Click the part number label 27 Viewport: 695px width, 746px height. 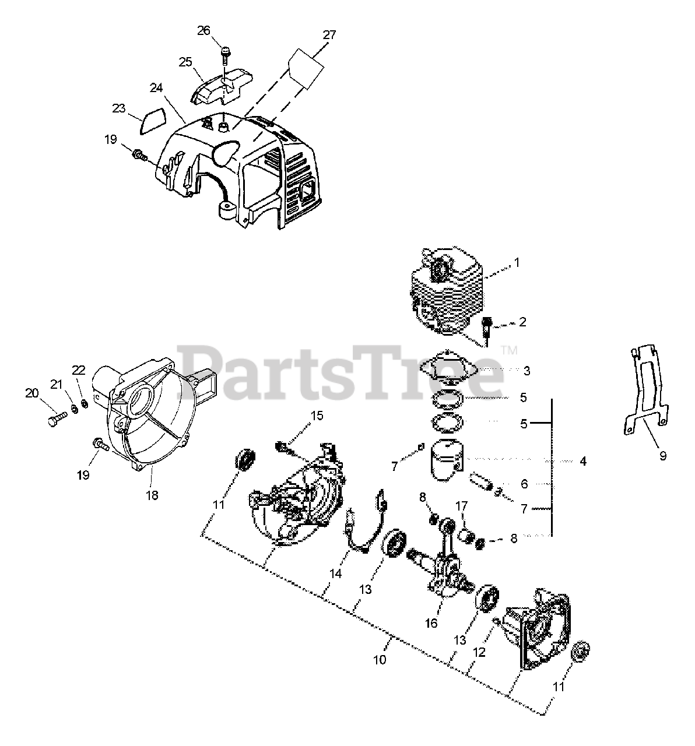(329, 35)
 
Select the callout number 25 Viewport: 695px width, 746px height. (186, 62)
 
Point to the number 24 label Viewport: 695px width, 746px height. (156, 88)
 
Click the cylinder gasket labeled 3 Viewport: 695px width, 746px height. (449, 368)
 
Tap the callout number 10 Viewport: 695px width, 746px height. (380, 660)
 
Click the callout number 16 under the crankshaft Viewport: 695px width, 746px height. (431, 623)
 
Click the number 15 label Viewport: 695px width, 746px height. (317, 416)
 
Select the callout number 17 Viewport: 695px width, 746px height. (461, 506)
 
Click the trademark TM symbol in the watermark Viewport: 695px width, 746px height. (510, 350)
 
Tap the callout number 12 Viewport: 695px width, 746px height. (479, 653)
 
